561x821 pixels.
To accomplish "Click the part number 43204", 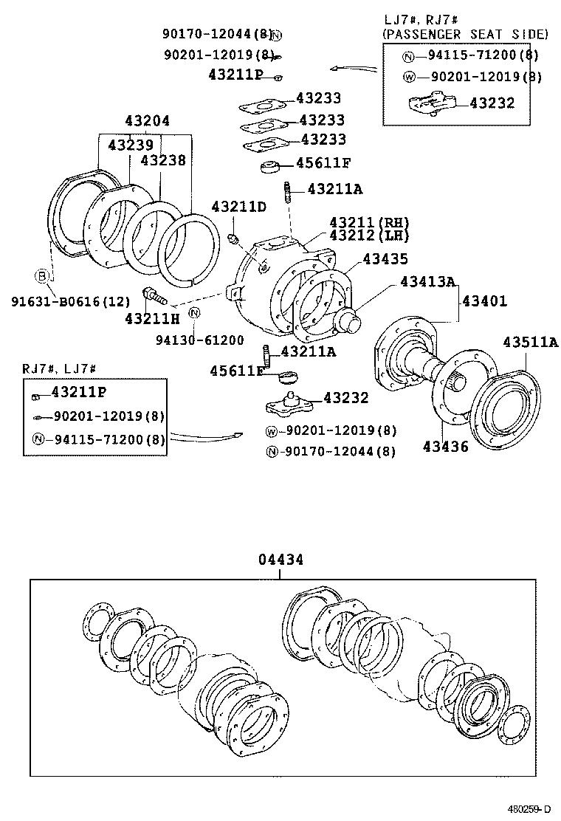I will (x=147, y=123).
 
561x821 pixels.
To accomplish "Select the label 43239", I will (x=131, y=145).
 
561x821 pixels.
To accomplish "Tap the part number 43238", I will (x=163, y=159).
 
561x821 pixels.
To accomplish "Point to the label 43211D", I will (x=238, y=207).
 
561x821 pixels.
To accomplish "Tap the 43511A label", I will (x=530, y=342).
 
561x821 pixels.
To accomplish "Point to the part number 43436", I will (x=445, y=447).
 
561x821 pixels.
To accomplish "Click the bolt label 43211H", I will (x=152, y=318).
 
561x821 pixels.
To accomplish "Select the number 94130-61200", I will (x=199, y=340).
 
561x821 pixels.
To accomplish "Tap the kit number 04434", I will (x=280, y=560).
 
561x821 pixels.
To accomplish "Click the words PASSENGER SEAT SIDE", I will (x=465, y=34).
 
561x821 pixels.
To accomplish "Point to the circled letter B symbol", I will (x=42, y=276).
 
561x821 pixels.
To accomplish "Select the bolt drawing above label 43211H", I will (x=156, y=296).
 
